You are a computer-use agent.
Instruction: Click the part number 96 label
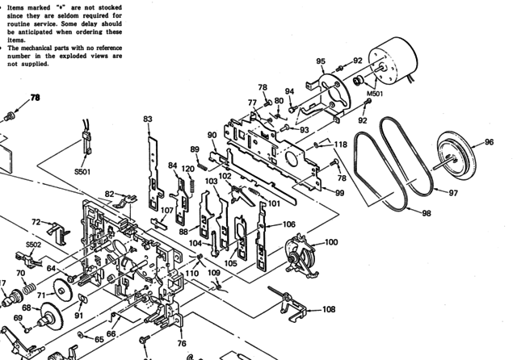coord(489,143)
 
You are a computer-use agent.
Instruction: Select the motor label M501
coord(374,94)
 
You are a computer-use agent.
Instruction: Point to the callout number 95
coord(321,61)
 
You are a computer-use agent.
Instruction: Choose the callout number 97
coord(453,193)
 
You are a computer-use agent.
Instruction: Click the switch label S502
coord(33,244)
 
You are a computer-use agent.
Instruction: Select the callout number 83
coord(148,119)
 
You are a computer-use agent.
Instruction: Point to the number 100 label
coord(331,241)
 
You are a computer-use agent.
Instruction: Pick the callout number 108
coord(329,309)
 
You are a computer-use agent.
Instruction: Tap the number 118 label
coord(341,144)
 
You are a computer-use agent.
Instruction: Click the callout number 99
coord(339,193)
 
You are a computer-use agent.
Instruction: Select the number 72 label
coord(36,221)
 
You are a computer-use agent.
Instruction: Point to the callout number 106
coord(288,224)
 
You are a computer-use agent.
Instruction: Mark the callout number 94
coord(289,91)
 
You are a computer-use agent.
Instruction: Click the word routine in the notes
coord(24,23)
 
